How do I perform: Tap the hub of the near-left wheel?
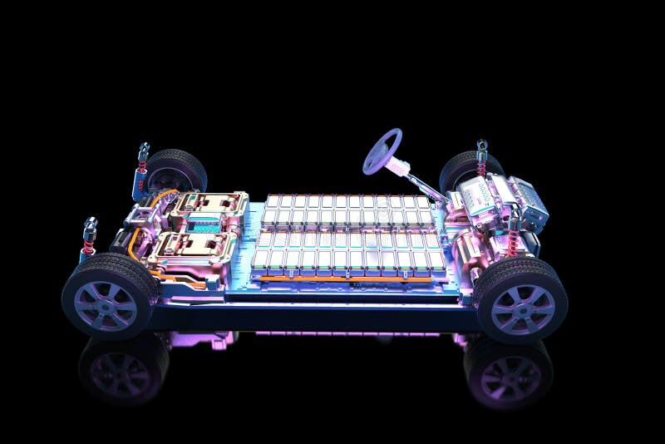106,304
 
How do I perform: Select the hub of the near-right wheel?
522,308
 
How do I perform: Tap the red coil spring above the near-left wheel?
88,244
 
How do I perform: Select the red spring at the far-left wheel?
141,171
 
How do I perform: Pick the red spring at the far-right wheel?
481,166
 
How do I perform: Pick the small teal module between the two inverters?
202,225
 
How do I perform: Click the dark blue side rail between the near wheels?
316,316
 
